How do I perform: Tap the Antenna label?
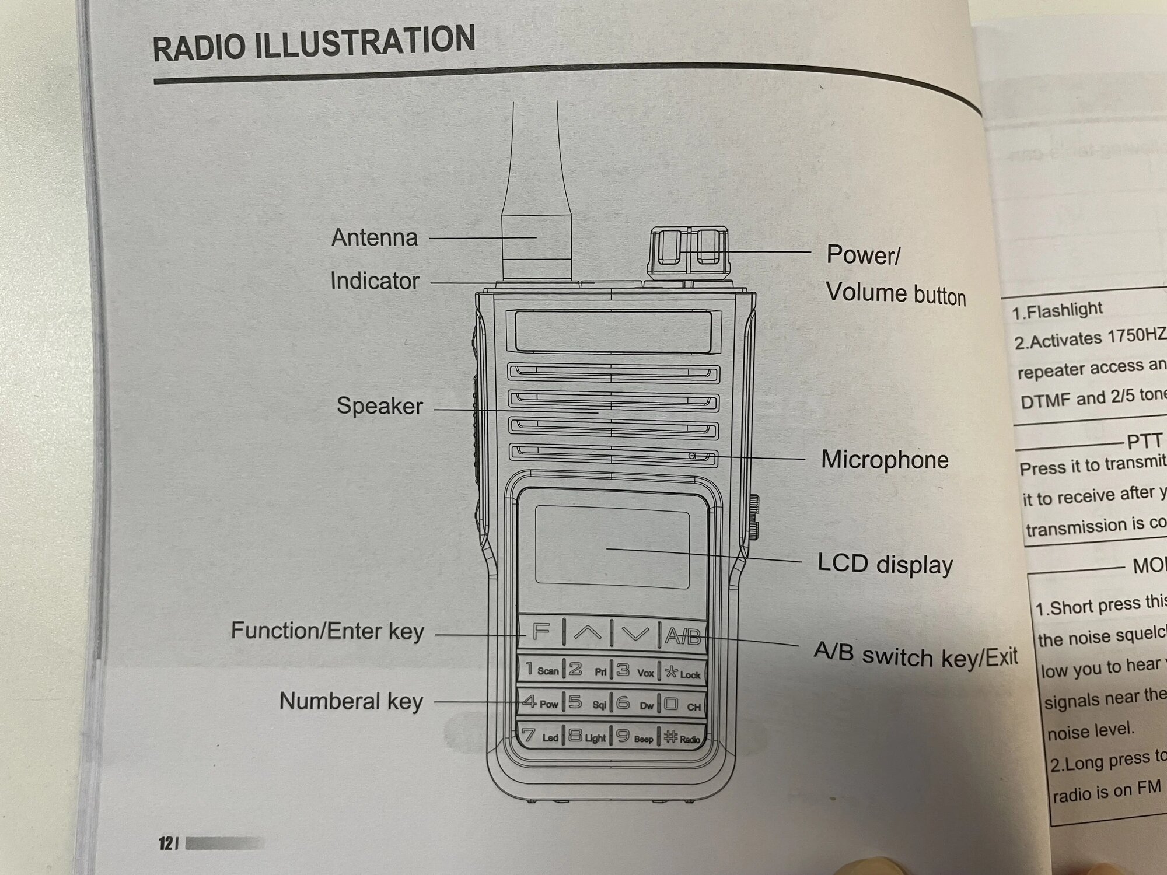[x=375, y=238]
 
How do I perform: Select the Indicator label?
[x=375, y=281]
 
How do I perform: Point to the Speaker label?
[x=379, y=406]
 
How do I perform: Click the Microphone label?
[x=885, y=460]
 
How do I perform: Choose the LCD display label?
[x=885, y=564]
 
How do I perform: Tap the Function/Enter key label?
[x=327, y=631]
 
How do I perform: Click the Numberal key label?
[x=351, y=701]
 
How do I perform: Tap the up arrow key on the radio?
[x=587, y=633]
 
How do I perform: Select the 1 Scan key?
[x=541, y=668]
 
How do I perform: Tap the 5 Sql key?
[x=587, y=703]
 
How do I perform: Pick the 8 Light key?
[x=587, y=737]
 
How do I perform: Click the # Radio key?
[x=682, y=738]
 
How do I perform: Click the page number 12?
[x=166, y=843]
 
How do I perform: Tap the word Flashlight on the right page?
[x=1064, y=310]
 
